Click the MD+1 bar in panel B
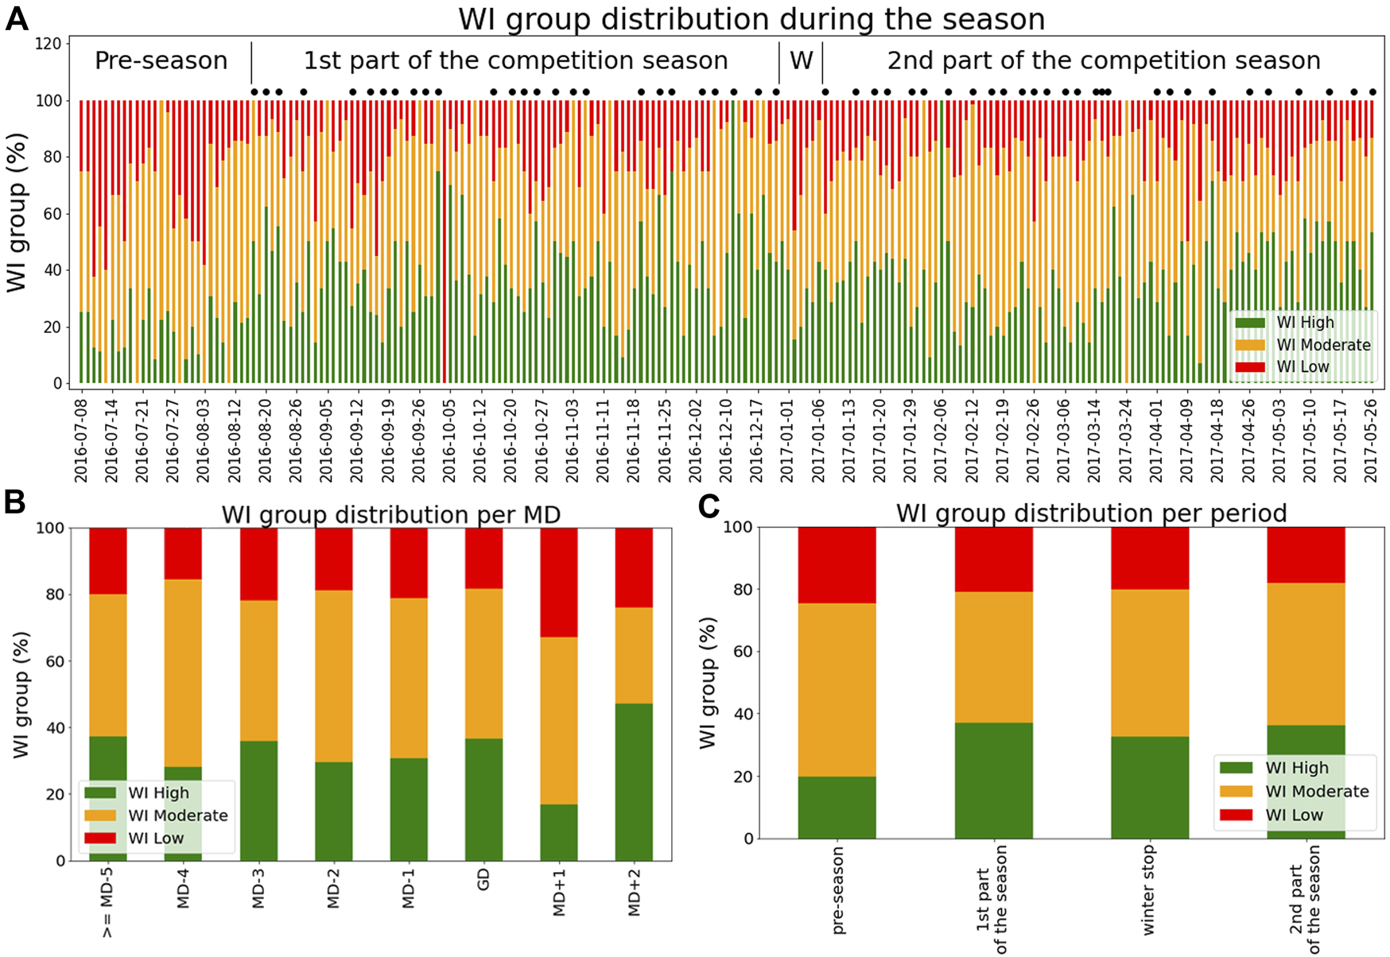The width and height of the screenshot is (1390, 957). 559,694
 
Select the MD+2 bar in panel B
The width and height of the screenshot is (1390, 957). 634,694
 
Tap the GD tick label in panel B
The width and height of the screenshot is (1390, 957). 483,879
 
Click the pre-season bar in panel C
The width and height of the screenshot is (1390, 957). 837,682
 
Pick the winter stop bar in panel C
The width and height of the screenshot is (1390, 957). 1150,682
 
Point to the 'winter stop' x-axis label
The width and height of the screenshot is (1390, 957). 1147,890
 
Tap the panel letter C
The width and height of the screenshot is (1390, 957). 709,506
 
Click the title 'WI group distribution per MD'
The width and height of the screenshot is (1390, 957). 390,515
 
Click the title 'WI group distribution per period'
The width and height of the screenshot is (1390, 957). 1091,513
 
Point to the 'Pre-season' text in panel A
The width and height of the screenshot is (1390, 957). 161,61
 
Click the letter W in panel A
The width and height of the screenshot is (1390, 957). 801,61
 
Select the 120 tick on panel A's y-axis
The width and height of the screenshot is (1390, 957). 48,44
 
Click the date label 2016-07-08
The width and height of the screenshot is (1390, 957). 80,440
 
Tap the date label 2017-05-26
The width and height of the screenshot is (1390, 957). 1371,440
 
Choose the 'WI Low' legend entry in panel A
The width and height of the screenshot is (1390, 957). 1303,366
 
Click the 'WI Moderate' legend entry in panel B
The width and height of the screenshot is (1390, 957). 177,816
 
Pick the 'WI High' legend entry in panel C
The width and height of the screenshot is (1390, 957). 1296,768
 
